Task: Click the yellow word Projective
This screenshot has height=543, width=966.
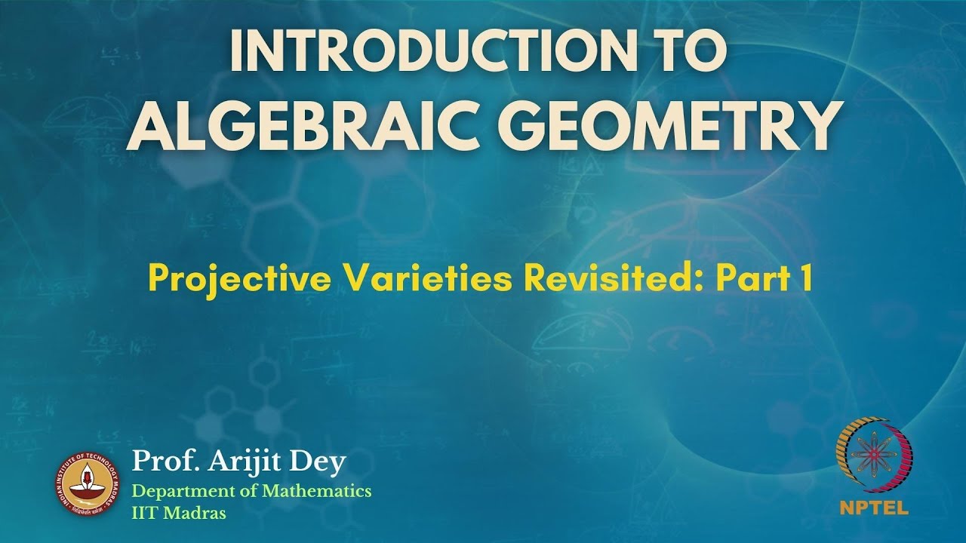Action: (239, 280)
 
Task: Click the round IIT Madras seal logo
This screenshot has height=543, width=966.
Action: (88, 484)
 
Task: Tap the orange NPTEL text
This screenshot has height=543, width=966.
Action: (874, 508)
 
